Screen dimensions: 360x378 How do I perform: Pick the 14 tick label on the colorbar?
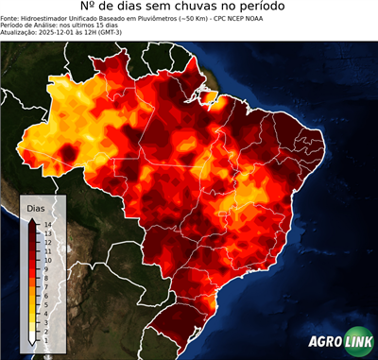pos(47,224)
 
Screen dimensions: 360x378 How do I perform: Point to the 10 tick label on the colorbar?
pos(47,255)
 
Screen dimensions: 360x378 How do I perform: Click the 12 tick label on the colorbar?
pos(47,240)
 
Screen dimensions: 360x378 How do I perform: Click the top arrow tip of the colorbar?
pos(33,219)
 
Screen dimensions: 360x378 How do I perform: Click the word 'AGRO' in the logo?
pos(324,343)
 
